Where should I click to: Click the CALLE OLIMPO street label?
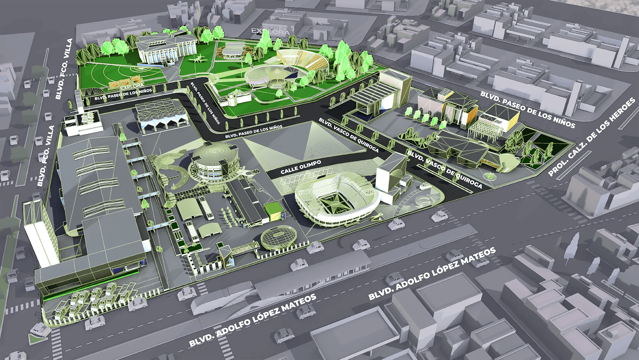tap(301, 167)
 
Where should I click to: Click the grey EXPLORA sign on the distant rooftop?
tap(271, 31)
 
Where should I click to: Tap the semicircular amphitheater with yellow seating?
tap(302, 60)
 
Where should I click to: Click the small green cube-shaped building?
tap(274, 212)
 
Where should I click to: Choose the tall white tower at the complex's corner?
tap(37, 233)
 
